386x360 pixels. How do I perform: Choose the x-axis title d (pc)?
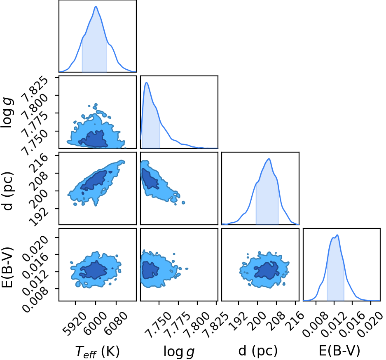(x=258, y=351)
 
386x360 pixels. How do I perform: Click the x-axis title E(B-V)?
(x=339, y=351)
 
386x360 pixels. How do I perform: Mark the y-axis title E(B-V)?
(x=7, y=267)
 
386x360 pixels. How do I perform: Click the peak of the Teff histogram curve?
(x=96, y=7)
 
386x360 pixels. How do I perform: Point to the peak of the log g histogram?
(x=147, y=82)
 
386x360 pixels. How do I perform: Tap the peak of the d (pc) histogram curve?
(x=269, y=159)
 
